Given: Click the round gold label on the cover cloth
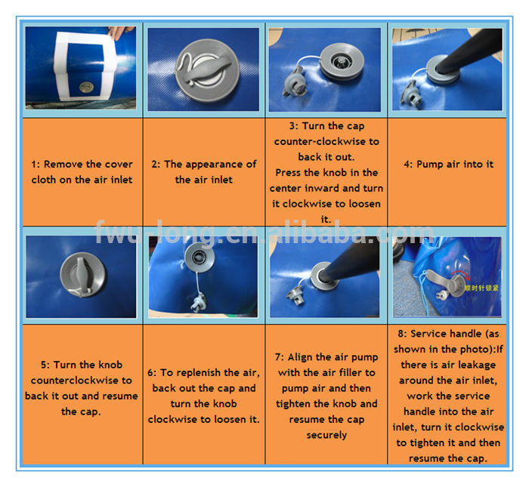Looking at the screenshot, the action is [86, 88].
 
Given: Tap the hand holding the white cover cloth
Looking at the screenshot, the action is [119, 32].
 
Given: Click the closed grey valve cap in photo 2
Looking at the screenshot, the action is [207, 70].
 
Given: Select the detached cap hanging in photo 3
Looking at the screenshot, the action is [295, 82].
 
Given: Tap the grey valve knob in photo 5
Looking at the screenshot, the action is [82, 275].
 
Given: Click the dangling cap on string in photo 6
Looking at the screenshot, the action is [198, 302].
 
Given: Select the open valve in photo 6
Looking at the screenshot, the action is [200, 257].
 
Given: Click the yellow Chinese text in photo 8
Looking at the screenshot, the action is [481, 288].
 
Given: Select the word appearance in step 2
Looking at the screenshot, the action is [214, 165].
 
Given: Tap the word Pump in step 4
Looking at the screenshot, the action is [430, 164].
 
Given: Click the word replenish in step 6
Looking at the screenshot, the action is [198, 373].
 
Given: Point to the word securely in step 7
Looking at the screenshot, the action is [326, 435].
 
